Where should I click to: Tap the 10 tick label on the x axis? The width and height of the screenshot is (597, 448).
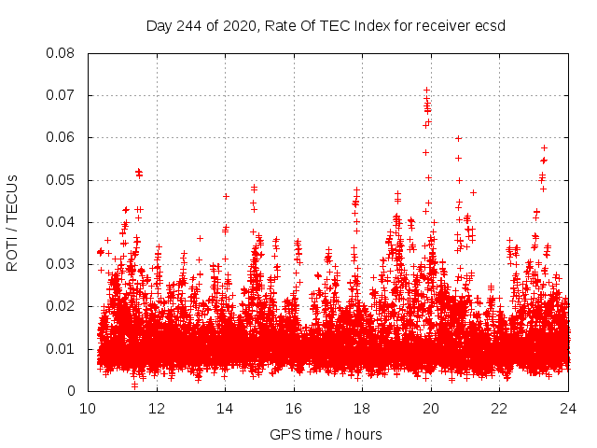coord(88,408)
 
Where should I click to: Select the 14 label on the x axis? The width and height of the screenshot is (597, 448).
coord(225,408)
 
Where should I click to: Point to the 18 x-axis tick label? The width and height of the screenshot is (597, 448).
coord(363,408)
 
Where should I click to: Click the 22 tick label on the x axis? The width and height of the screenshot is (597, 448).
coord(500,408)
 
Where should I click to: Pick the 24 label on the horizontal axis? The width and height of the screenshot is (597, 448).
coord(568,408)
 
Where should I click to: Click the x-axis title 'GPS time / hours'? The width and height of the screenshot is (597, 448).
coord(326,434)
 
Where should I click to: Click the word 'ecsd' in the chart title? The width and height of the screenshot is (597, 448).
coord(488,26)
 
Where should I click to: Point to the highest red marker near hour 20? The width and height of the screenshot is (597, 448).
coord(427,91)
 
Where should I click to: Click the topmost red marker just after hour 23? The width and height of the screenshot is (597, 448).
coord(544,147)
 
